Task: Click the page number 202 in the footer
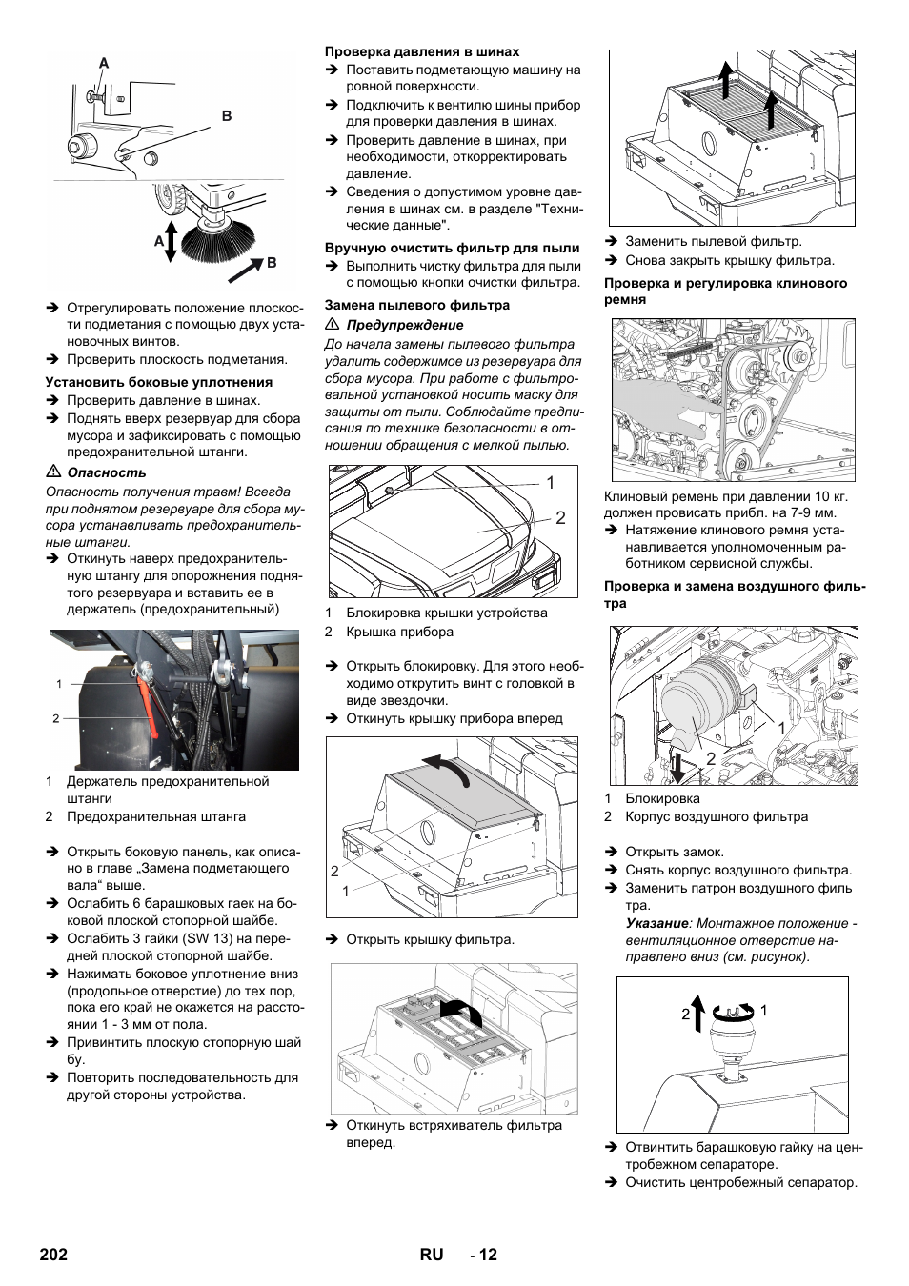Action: [x=54, y=1255]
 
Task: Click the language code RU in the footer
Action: [x=431, y=1255]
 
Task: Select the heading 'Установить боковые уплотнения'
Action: [x=159, y=382]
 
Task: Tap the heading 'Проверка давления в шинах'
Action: [x=422, y=51]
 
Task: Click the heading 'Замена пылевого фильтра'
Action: [x=417, y=305]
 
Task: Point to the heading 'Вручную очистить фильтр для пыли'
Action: [x=452, y=248]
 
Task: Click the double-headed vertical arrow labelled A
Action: [x=171, y=241]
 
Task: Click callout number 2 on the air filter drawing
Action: [x=711, y=758]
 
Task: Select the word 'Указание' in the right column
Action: [x=656, y=923]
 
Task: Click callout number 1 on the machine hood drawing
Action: [x=550, y=483]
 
